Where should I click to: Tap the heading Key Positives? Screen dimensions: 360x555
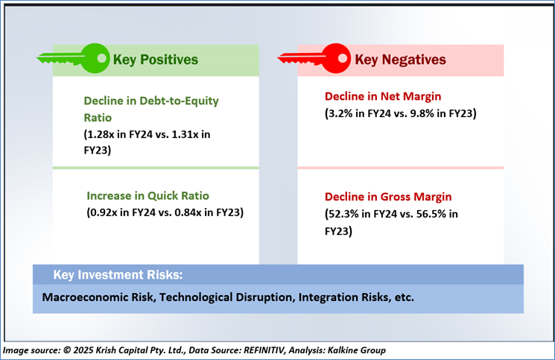click(155, 59)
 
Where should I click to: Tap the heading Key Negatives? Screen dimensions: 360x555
click(400, 59)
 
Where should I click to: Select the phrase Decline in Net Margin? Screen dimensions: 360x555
click(382, 96)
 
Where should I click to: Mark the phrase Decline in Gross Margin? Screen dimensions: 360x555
click(387, 198)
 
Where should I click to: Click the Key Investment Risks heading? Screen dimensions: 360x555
click(118, 274)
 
